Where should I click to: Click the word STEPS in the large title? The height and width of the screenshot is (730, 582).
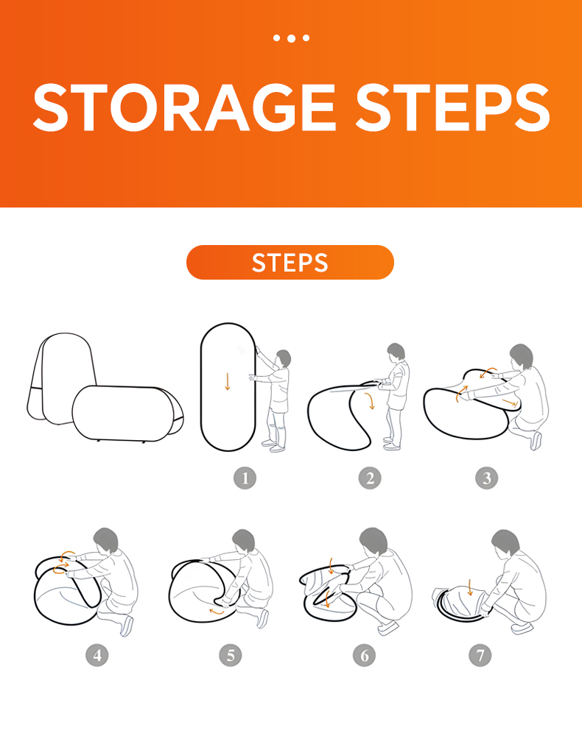[453, 107]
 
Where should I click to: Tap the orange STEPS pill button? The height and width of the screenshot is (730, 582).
[290, 263]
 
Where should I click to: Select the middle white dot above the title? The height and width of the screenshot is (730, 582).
[291, 38]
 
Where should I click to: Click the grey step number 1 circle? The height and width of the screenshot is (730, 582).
[245, 478]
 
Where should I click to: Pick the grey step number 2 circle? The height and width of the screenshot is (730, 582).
[370, 478]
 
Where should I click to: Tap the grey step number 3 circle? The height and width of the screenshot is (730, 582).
[487, 478]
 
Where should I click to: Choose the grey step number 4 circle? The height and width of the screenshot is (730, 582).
[97, 656]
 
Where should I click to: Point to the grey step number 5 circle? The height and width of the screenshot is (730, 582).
[231, 656]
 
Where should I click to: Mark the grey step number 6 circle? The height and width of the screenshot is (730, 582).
[365, 656]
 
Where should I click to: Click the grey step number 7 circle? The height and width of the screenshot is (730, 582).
[480, 656]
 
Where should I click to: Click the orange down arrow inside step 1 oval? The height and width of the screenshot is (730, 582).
[228, 381]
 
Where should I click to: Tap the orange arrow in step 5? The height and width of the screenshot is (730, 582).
[216, 612]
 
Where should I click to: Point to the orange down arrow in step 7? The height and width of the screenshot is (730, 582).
[470, 587]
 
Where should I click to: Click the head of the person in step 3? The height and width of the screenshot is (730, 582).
[522, 356]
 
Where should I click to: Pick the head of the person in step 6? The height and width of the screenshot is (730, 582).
[374, 541]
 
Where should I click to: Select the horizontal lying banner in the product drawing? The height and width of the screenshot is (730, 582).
[127, 413]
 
